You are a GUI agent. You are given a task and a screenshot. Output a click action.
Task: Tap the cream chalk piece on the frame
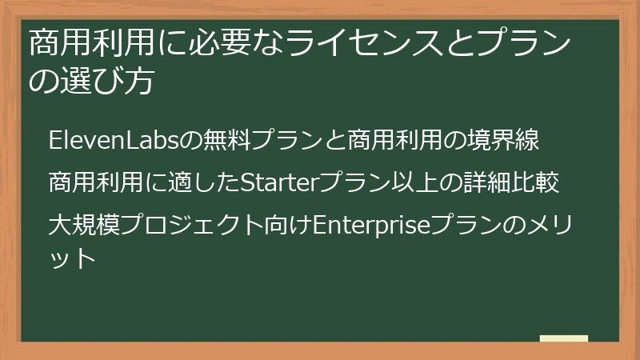click(563, 339)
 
